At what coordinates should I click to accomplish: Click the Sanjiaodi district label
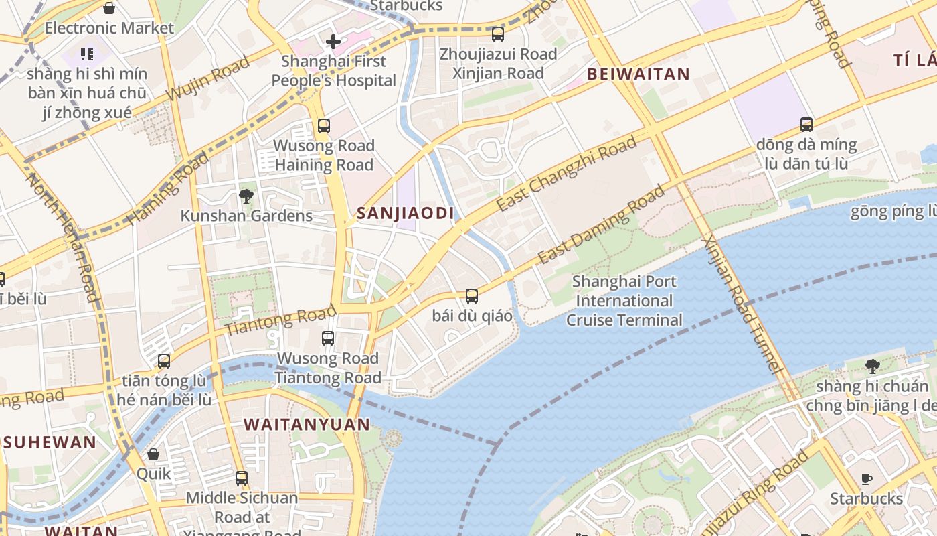point(406,214)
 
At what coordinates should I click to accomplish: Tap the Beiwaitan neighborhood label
point(638,74)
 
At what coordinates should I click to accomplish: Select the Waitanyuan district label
point(307,425)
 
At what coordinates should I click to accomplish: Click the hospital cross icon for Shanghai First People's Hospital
point(333,42)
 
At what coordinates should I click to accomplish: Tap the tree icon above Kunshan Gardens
point(246,196)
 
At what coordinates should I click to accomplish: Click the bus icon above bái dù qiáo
point(472,295)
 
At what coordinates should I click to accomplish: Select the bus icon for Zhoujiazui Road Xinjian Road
point(498,33)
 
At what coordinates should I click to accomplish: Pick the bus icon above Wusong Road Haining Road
point(324,125)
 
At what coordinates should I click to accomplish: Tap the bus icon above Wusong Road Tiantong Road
point(328,338)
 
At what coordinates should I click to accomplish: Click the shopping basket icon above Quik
point(153,454)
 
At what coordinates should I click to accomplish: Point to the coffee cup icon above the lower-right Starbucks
point(866,479)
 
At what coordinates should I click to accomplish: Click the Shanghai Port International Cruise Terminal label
point(624,301)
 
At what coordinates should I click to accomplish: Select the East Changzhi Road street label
point(566,174)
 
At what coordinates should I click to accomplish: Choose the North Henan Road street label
point(63,238)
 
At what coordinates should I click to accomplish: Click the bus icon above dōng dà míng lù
point(806,125)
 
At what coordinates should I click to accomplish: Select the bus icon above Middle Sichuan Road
point(242,478)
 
